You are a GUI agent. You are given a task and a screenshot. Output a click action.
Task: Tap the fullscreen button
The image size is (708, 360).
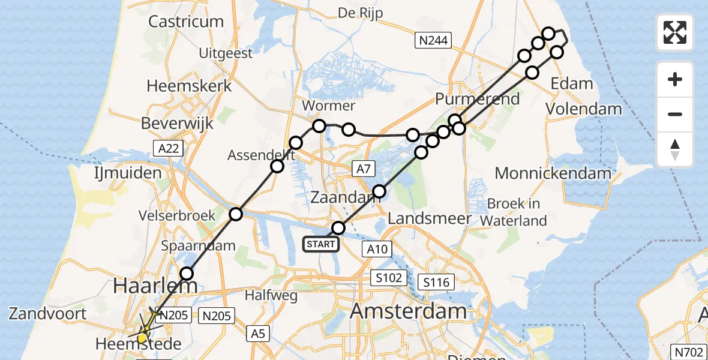pos(675,32)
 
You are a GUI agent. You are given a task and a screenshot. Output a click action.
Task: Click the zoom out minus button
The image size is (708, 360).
pos(675,114)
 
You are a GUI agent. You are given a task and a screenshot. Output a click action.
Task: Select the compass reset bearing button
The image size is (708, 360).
pos(675,149)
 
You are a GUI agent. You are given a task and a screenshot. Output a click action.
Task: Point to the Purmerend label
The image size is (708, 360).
pos(478,99)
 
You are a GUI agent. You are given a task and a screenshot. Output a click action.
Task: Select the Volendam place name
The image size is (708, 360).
pos(583,109)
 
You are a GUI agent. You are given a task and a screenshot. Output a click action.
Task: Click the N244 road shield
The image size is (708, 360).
pos(433,40)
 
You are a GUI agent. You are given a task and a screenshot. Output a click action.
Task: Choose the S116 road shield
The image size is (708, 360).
pos(436,281)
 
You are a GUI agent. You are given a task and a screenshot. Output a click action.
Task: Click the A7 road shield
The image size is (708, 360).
pos(363,170)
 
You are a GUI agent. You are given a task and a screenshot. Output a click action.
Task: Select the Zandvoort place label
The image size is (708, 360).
pos(48,313)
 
